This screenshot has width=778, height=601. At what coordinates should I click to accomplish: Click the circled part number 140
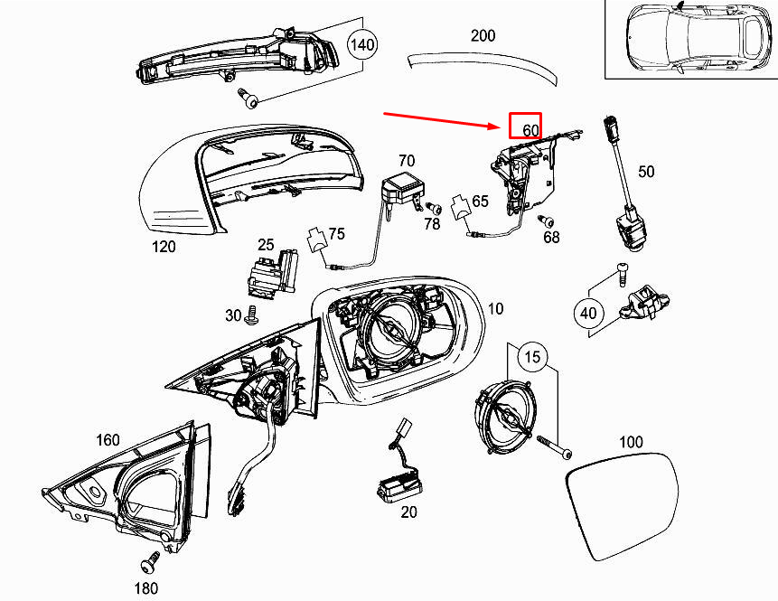[362, 44]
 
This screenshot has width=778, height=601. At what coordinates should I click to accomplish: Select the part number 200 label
[483, 36]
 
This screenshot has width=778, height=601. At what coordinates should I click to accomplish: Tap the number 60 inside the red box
[530, 130]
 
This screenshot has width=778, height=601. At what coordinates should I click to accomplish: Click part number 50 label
[647, 171]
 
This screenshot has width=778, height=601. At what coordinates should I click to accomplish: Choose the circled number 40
[588, 314]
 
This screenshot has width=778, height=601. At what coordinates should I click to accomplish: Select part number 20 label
[408, 512]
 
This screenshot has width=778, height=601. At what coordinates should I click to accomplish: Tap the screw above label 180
[146, 563]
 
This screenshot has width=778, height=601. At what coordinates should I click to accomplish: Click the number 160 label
[108, 440]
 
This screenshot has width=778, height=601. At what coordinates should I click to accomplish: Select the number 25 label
[265, 244]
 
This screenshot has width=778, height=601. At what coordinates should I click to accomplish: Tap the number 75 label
[336, 234]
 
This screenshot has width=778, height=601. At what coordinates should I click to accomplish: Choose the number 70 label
[406, 161]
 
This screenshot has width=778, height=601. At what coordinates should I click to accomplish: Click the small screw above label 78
[432, 207]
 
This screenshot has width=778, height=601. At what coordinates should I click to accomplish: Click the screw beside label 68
[546, 221]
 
